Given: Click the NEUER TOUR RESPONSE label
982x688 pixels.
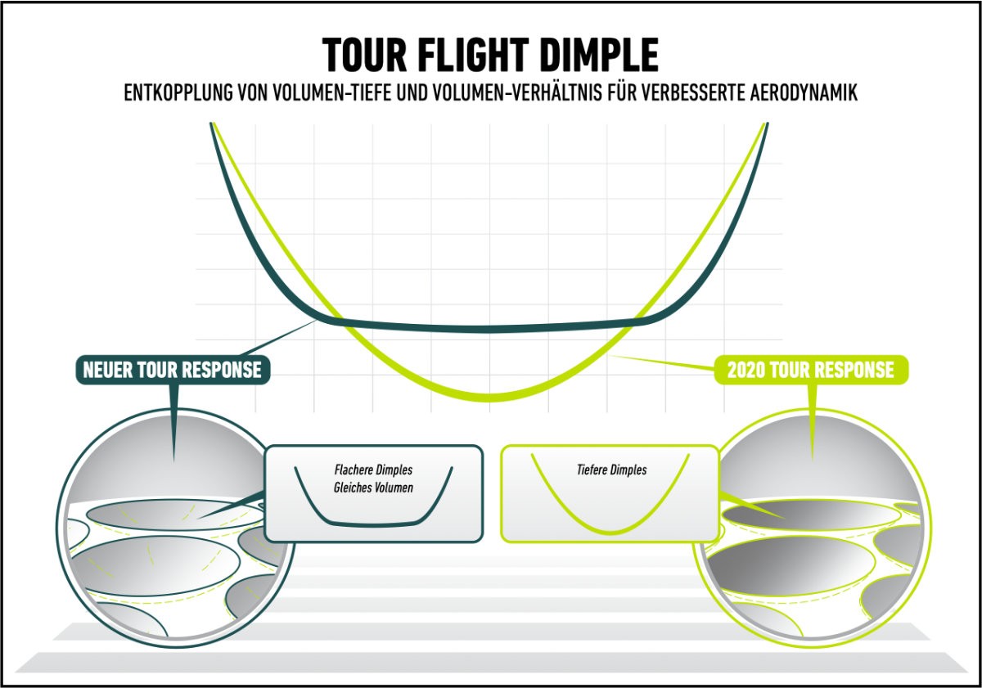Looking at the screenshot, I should (173, 370).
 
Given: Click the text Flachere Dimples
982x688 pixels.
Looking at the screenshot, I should (373, 470).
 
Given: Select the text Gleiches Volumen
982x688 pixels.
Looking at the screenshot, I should (373, 488).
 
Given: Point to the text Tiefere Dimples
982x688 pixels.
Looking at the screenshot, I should (610, 470).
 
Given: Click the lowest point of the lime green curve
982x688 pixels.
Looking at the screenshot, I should (491, 396).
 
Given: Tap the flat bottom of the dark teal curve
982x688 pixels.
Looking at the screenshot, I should (491, 328).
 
